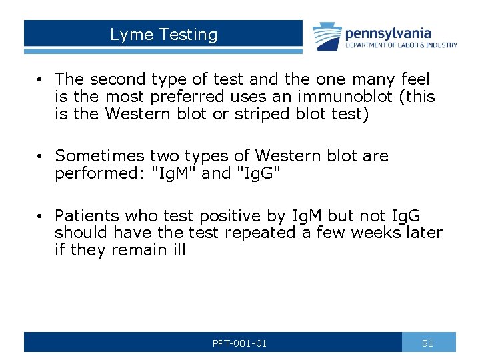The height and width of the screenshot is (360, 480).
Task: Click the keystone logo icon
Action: (327, 37)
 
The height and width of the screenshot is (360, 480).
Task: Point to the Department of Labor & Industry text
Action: (401, 45)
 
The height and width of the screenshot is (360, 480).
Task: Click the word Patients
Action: (85, 216)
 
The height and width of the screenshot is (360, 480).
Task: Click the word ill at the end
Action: (179, 249)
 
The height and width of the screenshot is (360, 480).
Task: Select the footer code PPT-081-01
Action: (239, 343)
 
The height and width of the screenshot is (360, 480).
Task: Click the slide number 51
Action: (428, 343)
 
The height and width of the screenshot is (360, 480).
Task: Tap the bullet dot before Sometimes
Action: (41, 157)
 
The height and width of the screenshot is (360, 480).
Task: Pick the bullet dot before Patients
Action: (41, 217)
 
